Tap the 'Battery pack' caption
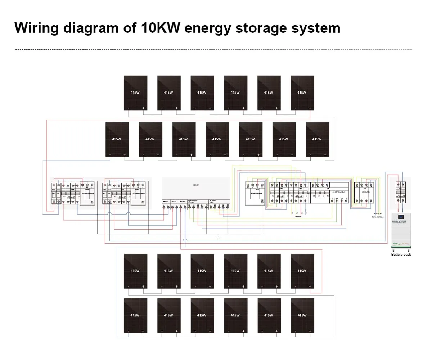(401, 255)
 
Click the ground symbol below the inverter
(218, 237)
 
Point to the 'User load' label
(298, 217)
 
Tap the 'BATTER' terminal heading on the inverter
(183, 201)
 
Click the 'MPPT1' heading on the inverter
(166, 201)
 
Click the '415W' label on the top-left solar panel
(135, 93)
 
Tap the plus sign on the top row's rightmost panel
(310, 108)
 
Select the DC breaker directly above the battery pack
(401, 193)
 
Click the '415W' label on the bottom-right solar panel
(302, 315)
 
